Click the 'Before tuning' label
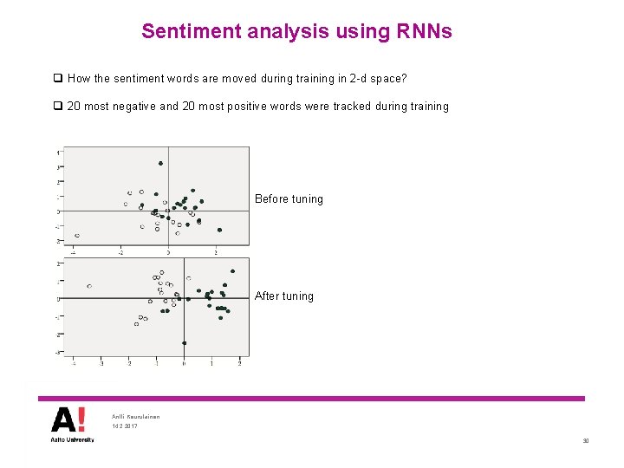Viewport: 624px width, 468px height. tap(289, 199)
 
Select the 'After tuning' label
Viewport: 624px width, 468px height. tap(284, 296)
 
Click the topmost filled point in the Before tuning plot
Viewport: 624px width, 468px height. tap(160, 163)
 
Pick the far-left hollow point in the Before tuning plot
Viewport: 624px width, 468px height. tap(77, 236)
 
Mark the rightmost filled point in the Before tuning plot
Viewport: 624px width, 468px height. tap(219, 230)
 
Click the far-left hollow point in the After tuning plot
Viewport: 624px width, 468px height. tap(89, 286)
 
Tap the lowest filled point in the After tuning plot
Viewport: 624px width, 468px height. tap(184, 343)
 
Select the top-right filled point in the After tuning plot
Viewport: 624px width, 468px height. tap(232, 271)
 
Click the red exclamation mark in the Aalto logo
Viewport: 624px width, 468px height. tap(81, 420)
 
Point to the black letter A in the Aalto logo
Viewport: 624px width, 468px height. tap(63, 420)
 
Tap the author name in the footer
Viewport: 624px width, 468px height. tap(136, 417)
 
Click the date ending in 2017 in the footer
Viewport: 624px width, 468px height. tap(125, 426)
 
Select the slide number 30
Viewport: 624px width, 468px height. tap(585, 441)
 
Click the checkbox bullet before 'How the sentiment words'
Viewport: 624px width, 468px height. tap(57, 79)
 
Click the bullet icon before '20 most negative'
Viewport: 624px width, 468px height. tap(57, 107)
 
